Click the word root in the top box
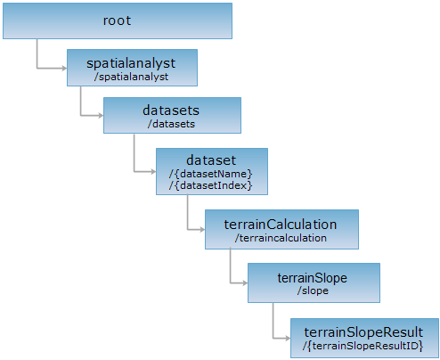(x=117, y=20)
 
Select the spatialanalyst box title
(x=131, y=63)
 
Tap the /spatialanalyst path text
(x=131, y=77)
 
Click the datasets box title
(x=171, y=110)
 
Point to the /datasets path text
(x=171, y=124)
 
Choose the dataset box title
(x=211, y=160)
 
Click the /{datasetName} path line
(x=210, y=174)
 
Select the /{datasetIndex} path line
(x=210, y=185)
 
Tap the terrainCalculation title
(x=281, y=225)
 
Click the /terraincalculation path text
(x=281, y=238)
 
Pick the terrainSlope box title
(x=313, y=278)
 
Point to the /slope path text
(x=313, y=290)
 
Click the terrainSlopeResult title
(x=363, y=332)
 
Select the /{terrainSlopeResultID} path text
(x=363, y=346)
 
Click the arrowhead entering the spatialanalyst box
(x=64, y=69)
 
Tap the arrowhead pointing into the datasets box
(x=101, y=115)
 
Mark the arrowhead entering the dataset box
(x=153, y=171)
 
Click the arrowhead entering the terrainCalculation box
(x=202, y=229)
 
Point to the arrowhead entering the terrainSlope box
(x=245, y=283)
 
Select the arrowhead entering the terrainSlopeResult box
(x=288, y=338)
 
